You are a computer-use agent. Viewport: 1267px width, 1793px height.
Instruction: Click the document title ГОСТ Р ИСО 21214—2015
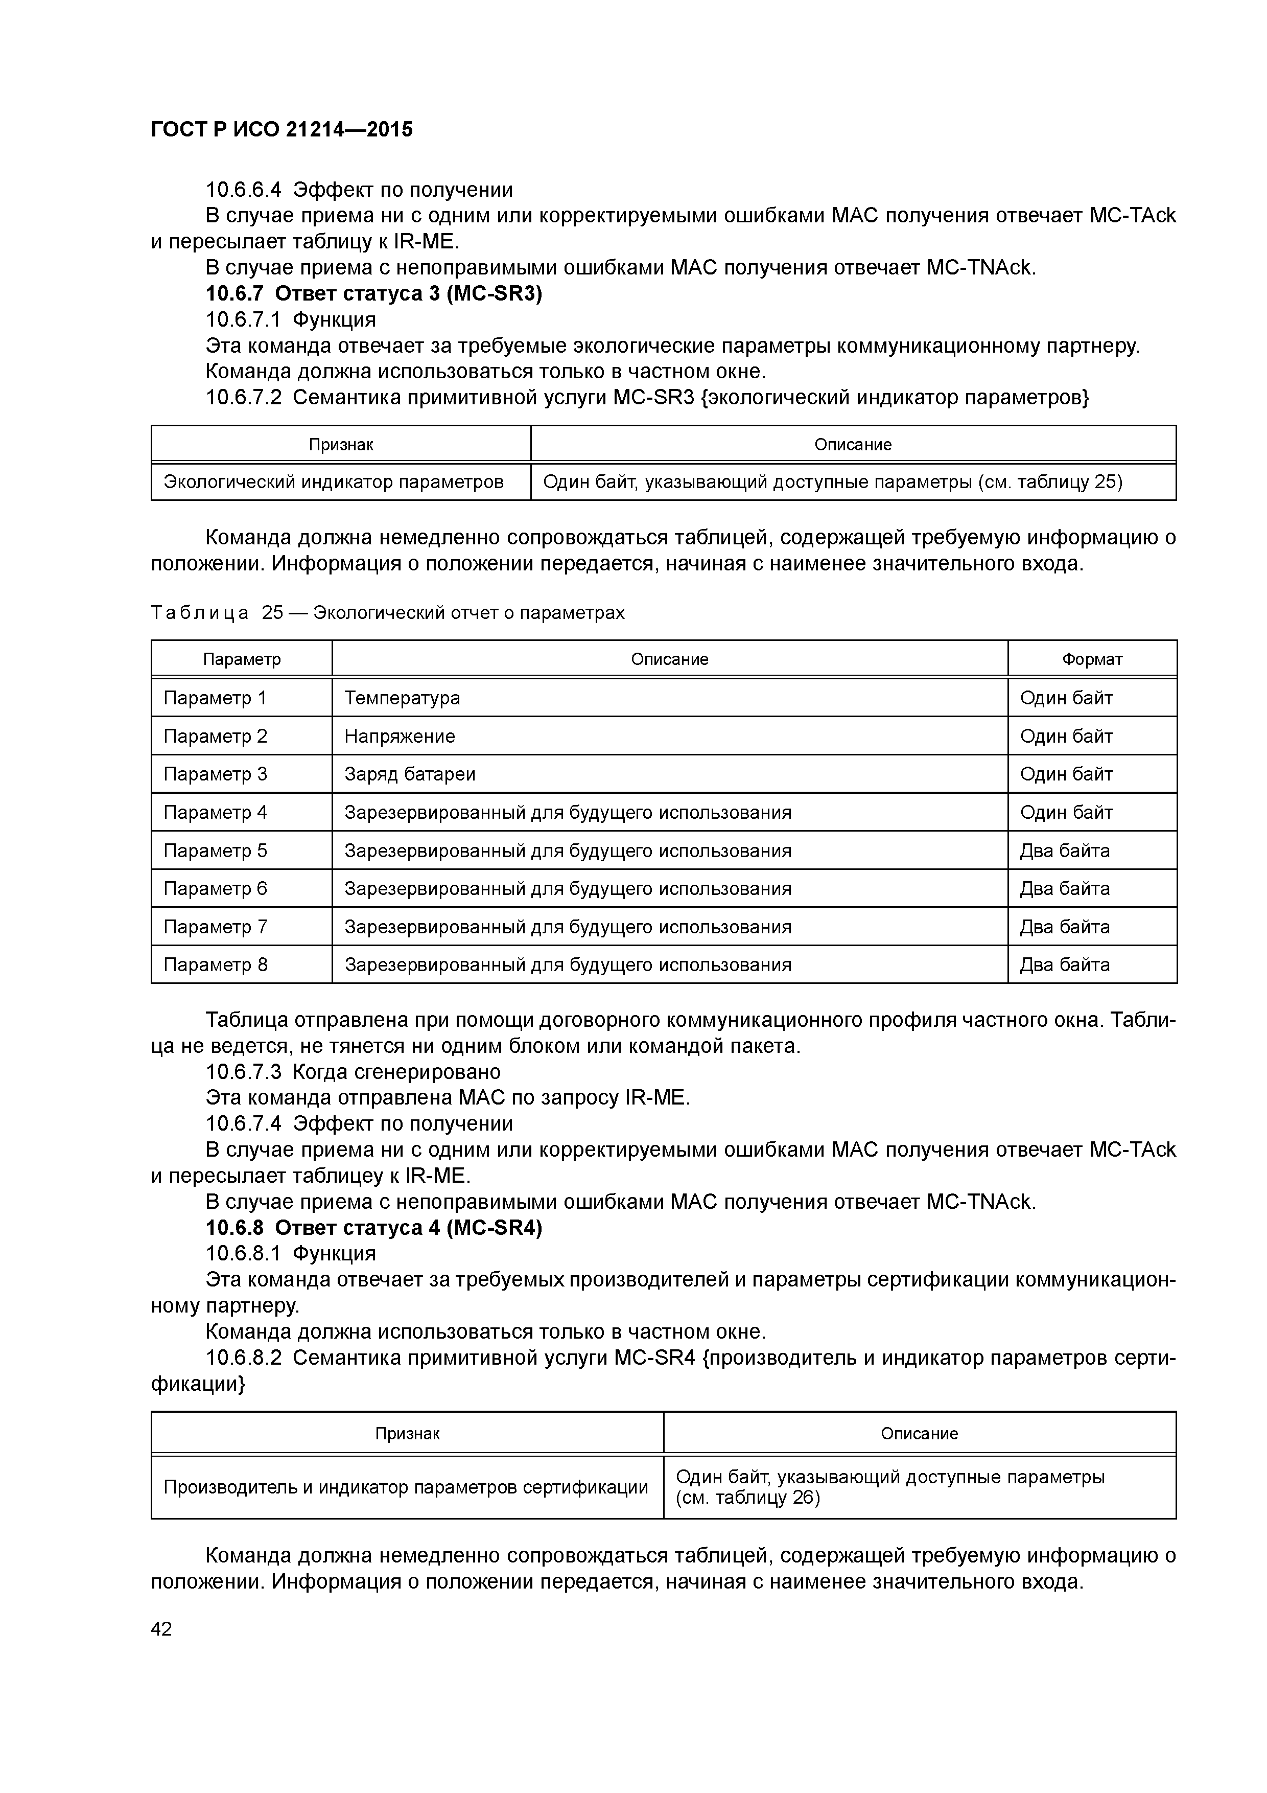coord(282,130)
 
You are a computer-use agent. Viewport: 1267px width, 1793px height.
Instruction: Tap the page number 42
coord(161,1629)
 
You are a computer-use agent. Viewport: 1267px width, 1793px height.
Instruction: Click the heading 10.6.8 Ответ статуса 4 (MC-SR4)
coord(373,1228)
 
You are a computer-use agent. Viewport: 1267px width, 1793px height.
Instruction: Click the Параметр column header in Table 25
coord(242,659)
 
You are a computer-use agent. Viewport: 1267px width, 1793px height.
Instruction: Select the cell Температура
coord(403,698)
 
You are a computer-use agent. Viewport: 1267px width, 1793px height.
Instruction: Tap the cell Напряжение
coord(400,737)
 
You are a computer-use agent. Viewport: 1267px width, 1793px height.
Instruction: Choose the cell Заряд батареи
coord(410,774)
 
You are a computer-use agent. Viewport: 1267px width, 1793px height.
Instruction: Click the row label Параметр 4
coord(216,812)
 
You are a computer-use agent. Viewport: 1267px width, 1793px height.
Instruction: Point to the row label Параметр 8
coord(216,964)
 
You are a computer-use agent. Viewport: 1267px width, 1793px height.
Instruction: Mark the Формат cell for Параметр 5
coord(1065,850)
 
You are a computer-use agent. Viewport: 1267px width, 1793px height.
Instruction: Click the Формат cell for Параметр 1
coord(1066,698)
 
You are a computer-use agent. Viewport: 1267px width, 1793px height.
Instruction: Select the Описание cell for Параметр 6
coord(568,889)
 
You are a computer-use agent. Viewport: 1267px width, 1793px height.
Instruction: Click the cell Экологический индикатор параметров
coord(333,482)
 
